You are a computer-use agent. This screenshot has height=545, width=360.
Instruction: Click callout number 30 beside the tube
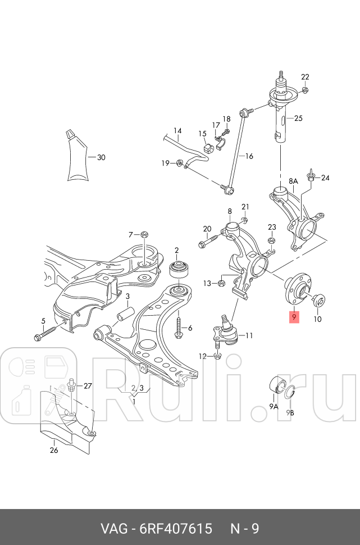point(101,157)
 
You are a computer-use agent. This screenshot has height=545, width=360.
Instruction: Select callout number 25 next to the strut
point(298,118)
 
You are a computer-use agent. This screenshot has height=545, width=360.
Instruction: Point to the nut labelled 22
point(304,90)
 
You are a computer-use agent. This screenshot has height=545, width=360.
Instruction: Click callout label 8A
point(293,181)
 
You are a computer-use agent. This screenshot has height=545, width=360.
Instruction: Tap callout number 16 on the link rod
point(249,156)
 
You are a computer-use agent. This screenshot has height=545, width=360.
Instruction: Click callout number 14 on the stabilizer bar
point(177,133)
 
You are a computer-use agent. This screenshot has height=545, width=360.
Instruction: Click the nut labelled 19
point(179,163)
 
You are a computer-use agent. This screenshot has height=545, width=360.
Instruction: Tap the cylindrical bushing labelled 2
point(179,271)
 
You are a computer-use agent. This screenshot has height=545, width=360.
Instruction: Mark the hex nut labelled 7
point(144,234)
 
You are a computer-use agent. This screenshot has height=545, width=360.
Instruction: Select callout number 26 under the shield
point(54,449)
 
